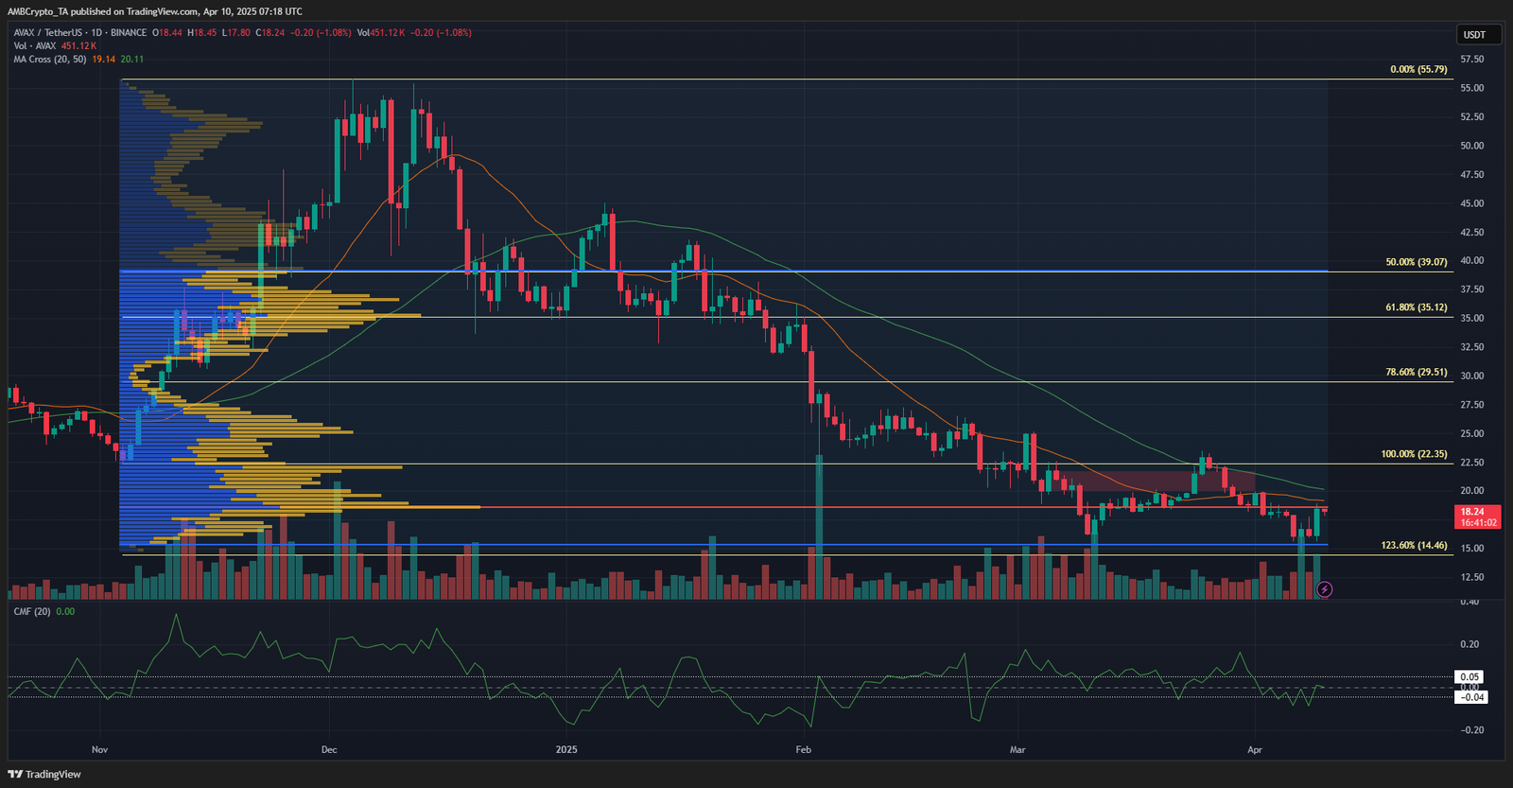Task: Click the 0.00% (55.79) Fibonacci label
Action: pos(1418,69)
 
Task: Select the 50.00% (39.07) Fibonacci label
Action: pos(1416,262)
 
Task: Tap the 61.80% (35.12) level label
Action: pos(1416,307)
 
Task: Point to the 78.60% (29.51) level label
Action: pos(1416,372)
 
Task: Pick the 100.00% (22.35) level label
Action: pos(1414,454)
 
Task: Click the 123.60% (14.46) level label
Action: pos(1414,545)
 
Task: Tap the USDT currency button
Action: pos(1474,35)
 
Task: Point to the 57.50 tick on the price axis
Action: pos(1471,59)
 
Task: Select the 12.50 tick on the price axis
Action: pos(1471,577)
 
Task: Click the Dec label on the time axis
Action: pos(329,749)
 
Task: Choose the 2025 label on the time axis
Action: pos(566,749)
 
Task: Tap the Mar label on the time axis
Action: pos(1017,749)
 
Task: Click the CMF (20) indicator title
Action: pos(32,612)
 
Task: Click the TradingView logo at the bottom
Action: pos(44,774)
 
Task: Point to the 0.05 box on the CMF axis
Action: pos(1470,676)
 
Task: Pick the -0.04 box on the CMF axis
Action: pos(1471,697)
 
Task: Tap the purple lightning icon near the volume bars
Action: pos(1325,589)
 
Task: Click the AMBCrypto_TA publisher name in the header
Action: pos(38,11)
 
